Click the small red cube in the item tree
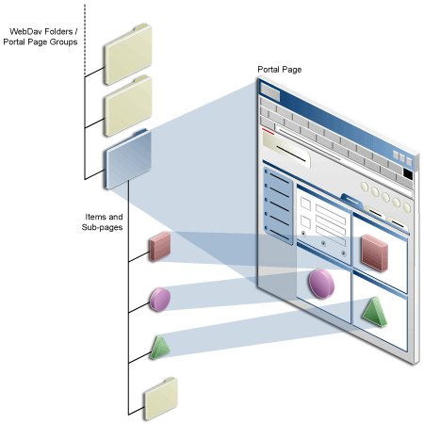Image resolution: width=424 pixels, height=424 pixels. pos(160,246)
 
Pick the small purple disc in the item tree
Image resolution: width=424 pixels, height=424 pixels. pos(159,299)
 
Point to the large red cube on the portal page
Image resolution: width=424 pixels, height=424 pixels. pos(373,252)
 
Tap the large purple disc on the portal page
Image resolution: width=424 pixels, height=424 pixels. pos(320,282)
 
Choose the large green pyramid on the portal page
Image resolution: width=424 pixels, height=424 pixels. pos(374,312)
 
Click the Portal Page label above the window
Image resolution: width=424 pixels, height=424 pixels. pos(280,71)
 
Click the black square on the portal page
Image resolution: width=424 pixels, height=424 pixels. pos(407,173)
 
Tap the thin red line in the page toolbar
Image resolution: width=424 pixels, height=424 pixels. pos(268,133)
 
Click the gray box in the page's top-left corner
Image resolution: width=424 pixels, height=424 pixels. pos(269,91)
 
